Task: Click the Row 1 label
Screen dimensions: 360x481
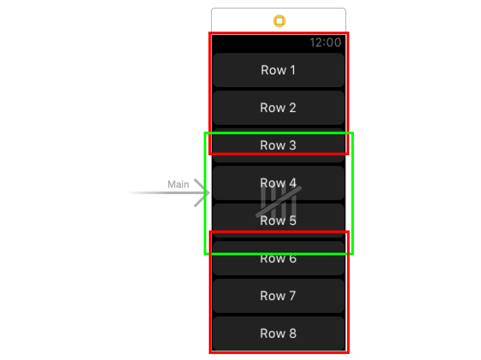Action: (x=278, y=70)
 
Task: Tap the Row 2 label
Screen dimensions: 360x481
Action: (x=278, y=108)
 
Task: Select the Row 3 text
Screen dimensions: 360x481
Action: (x=278, y=145)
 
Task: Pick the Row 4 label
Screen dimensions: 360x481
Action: (x=278, y=183)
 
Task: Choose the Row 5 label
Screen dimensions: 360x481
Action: (x=278, y=221)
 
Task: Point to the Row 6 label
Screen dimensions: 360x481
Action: (x=278, y=259)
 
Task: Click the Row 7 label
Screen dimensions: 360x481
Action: (x=278, y=296)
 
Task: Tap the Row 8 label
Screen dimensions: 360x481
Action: (x=278, y=333)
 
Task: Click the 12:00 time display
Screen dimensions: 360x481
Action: (x=325, y=42)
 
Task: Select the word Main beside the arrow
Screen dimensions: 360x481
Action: (x=178, y=185)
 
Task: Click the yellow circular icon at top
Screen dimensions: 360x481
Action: (x=279, y=21)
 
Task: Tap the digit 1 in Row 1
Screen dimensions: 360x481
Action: (x=292, y=70)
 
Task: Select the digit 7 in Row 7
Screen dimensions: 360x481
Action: (x=292, y=296)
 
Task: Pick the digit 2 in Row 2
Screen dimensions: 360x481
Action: (x=292, y=108)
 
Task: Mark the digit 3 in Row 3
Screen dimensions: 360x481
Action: (x=292, y=145)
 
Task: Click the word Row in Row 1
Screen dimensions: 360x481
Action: (x=271, y=70)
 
